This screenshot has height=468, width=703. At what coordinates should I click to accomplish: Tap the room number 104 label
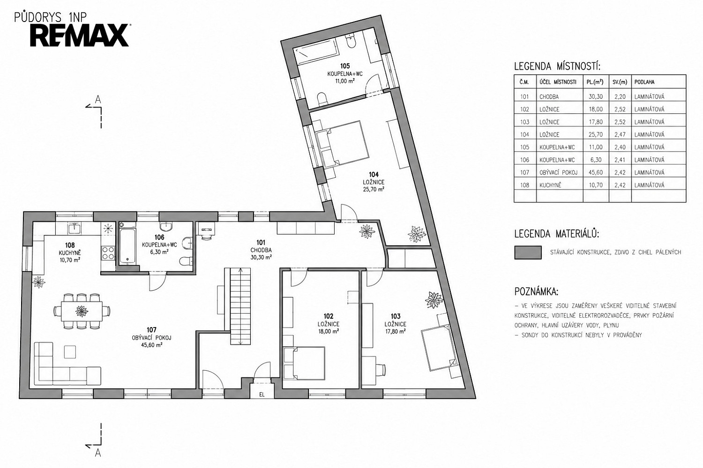374,175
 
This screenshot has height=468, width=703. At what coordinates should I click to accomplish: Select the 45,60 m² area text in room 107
151,345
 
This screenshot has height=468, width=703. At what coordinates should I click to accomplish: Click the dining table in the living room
82,311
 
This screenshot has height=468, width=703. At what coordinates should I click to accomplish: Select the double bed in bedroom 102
304,363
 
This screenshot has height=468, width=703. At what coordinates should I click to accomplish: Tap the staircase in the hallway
240,306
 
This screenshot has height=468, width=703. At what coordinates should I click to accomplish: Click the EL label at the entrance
262,395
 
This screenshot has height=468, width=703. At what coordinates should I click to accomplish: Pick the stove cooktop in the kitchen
108,253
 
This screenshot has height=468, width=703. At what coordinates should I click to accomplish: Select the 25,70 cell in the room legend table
595,134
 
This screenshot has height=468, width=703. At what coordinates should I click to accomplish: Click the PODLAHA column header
644,82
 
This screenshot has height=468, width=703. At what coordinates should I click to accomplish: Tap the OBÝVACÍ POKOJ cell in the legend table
558,172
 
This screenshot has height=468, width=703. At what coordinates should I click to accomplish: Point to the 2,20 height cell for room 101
620,97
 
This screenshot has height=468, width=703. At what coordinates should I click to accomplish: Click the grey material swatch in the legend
528,252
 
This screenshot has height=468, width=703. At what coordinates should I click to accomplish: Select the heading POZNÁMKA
536,292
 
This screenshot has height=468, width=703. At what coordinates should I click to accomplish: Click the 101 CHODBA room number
261,242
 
